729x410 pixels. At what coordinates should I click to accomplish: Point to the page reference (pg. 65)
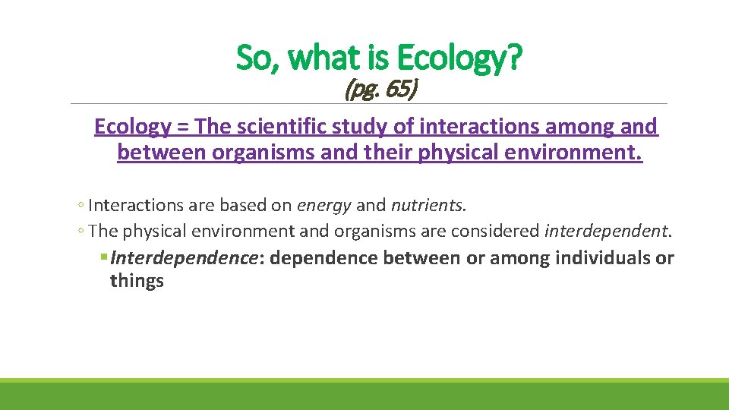pyautogui.click(x=380, y=90)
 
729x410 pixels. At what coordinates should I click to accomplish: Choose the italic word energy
pyautogui.click(x=324, y=206)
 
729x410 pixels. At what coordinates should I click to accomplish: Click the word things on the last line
pyautogui.click(x=137, y=281)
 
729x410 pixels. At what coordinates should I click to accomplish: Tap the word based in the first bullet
pyautogui.click(x=238, y=206)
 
